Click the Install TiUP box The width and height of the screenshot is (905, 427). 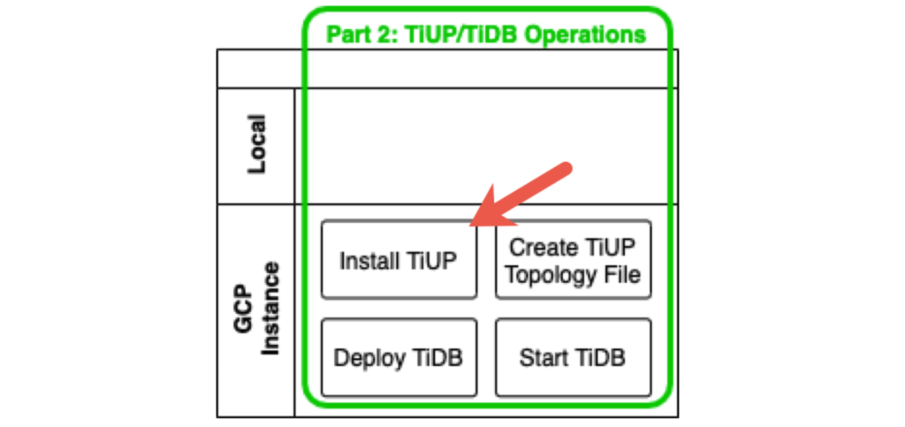pos(399,260)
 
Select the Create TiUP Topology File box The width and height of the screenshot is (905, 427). pos(573,260)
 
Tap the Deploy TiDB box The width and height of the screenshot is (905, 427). pos(399,357)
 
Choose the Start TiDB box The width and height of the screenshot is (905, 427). pos(573,357)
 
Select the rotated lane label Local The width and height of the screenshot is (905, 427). pos(256,144)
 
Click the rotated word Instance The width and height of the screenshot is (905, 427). pos(271,309)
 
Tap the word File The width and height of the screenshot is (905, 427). pos(621,274)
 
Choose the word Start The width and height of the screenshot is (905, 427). pos(544,358)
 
